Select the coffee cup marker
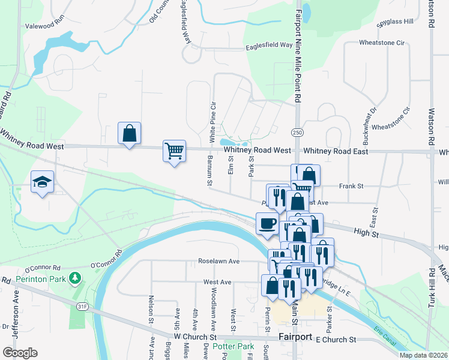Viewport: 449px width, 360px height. tap(267, 223)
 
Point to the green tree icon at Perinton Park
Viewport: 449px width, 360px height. tap(75, 278)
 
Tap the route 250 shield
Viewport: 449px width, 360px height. tap(298, 132)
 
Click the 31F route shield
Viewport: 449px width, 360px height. tap(82, 307)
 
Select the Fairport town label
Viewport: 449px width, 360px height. tap(295, 337)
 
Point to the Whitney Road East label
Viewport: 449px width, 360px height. tap(336, 152)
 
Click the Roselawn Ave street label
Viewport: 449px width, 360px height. tap(219, 262)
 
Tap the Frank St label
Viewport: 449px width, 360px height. tap(352, 187)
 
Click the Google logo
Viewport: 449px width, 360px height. tap(20, 352)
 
